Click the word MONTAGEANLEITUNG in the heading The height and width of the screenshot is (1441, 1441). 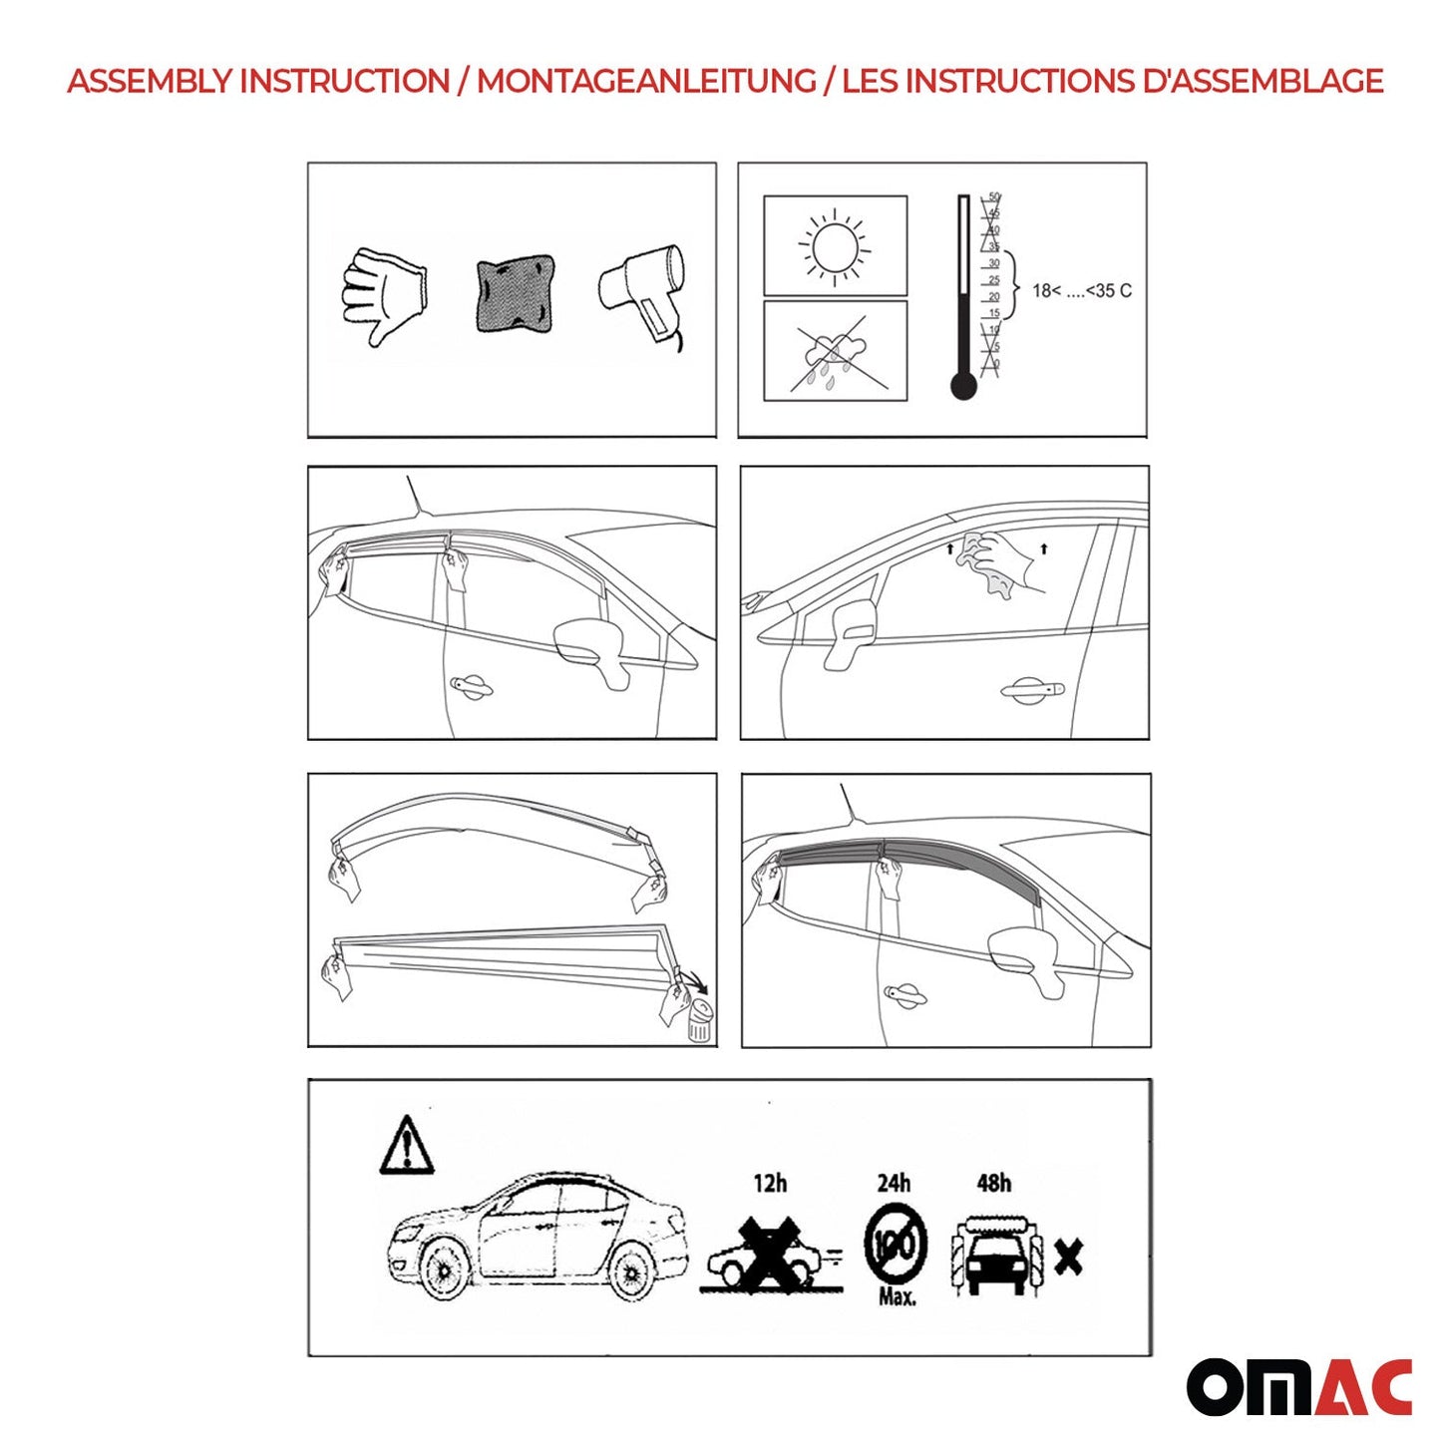tap(646, 81)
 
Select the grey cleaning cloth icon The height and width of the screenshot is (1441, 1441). tap(515, 294)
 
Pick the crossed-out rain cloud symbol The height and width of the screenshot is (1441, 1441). tap(834, 352)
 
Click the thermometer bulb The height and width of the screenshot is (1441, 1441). tap(963, 385)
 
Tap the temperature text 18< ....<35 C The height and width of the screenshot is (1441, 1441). tap(1081, 291)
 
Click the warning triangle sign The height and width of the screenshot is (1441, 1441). tap(406, 1146)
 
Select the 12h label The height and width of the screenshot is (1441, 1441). tap(770, 1184)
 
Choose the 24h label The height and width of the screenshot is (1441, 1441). tap(894, 1184)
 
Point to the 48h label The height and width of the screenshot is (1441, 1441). tap(993, 1184)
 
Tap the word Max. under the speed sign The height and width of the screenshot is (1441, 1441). tap(897, 1297)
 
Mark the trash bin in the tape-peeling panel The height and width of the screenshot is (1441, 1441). tap(700, 1022)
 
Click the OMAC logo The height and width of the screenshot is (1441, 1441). tap(1298, 1387)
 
